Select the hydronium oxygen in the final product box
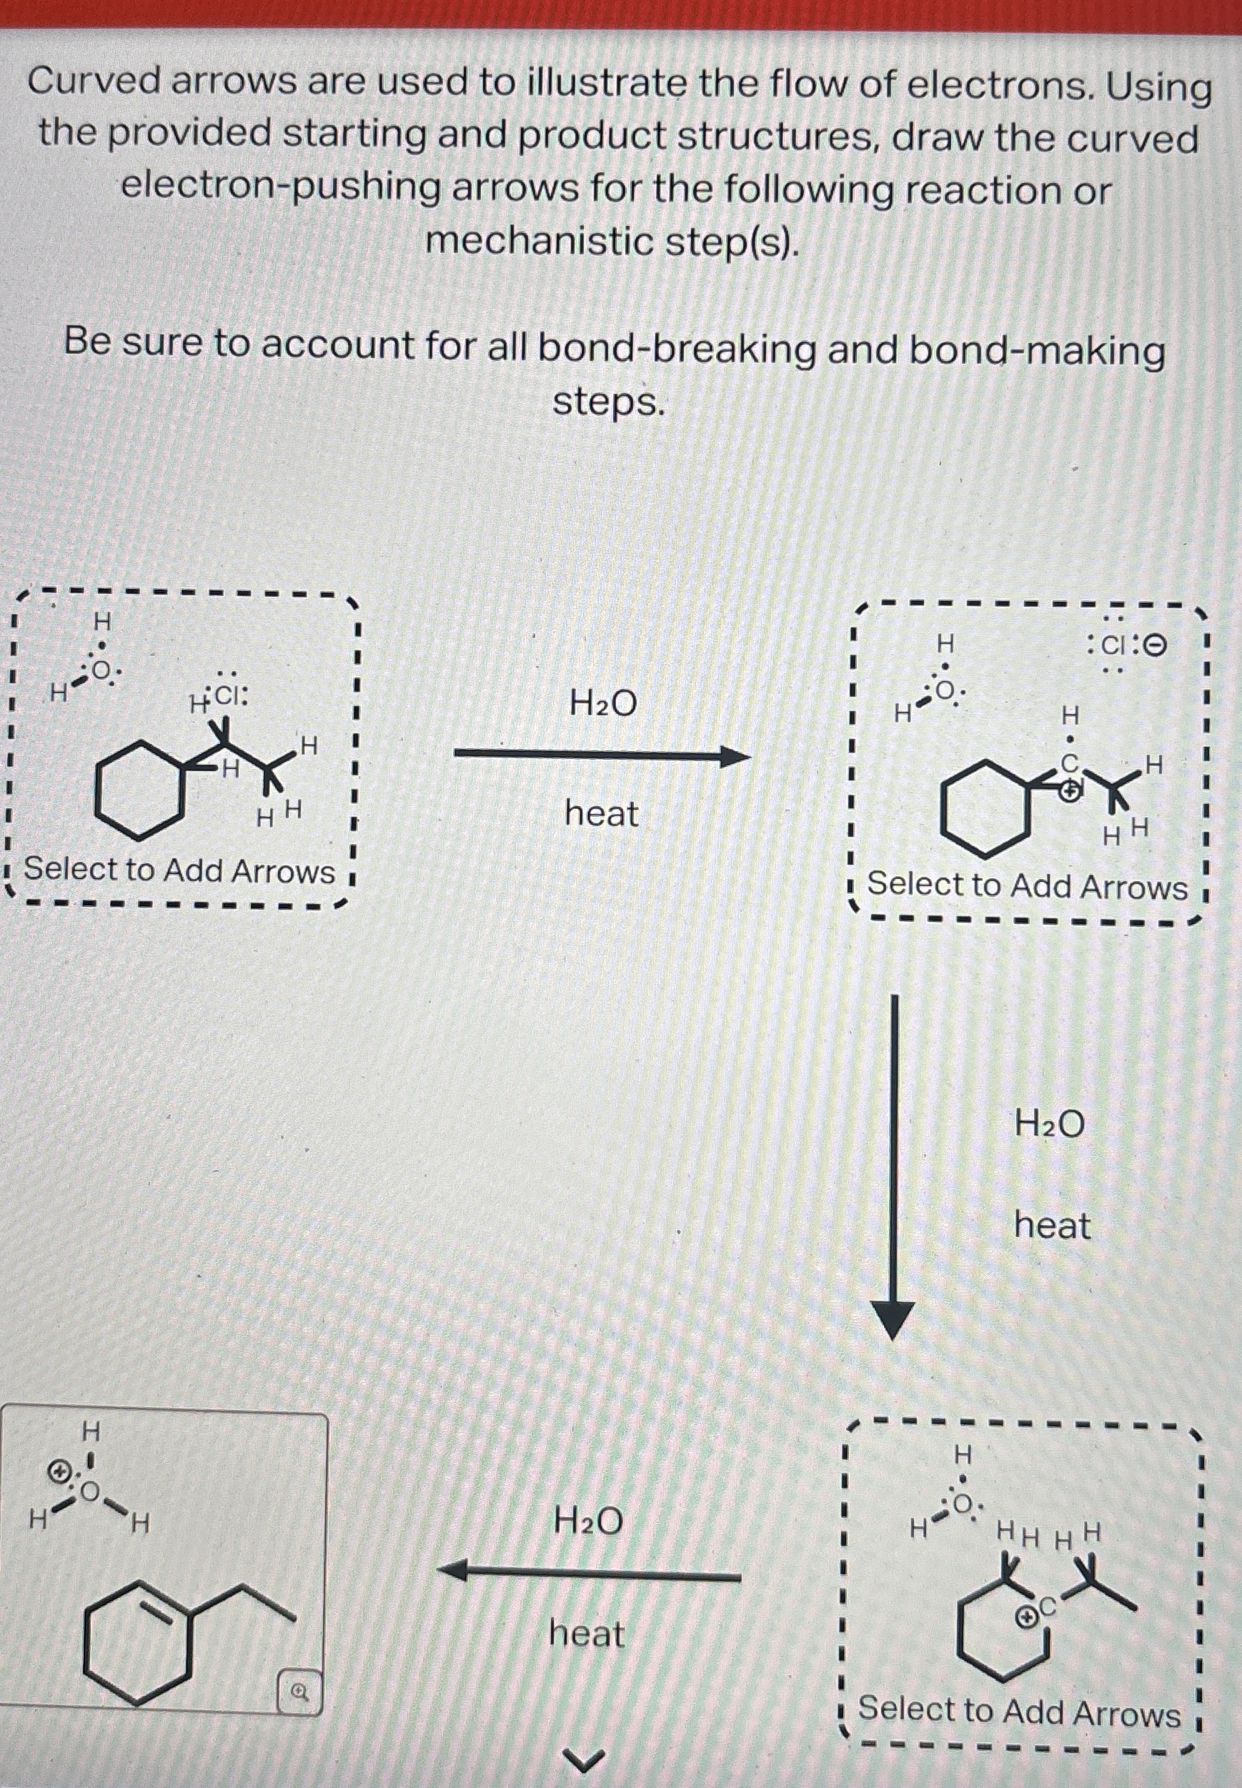pyautogui.click(x=91, y=1491)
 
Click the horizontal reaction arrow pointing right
pyautogui.click(x=601, y=755)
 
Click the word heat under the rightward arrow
pyautogui.click(x=601, y=814)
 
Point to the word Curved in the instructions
pyautogui.click(x=94, y=81)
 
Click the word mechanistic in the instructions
pyautogui.click(x=536, y=242)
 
